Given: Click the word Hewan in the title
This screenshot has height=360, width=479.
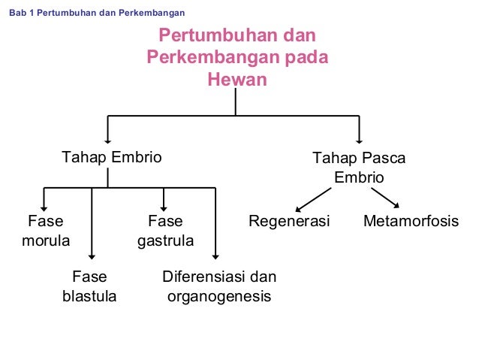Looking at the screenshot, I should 237,79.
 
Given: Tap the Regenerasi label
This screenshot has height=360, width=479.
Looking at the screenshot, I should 290,222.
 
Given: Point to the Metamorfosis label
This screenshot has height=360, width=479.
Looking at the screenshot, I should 411,222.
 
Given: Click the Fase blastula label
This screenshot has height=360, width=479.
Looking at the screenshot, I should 89,286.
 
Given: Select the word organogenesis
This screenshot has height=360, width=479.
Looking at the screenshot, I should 218,296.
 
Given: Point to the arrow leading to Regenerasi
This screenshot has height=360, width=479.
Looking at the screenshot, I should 314,199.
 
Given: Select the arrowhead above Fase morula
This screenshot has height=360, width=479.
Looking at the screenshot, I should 45,205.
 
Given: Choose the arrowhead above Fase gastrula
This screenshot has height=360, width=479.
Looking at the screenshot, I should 164,205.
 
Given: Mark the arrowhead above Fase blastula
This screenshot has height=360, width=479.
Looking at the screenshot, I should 92,256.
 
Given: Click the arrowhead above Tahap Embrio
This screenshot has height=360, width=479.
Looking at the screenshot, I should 109,138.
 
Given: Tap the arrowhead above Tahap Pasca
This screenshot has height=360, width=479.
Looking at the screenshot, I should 360,138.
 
